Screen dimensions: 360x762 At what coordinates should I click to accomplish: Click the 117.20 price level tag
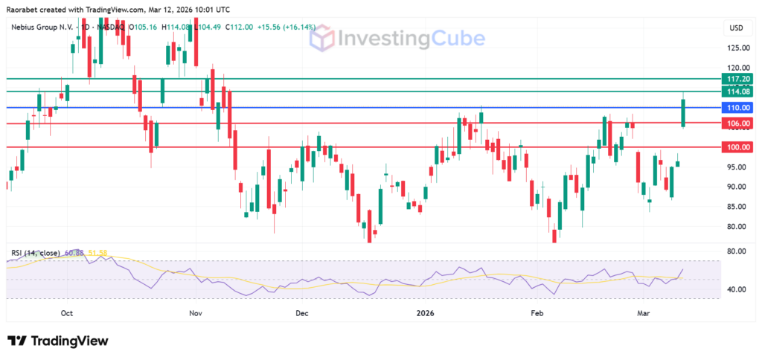pyautogui.click(x=739, y=79)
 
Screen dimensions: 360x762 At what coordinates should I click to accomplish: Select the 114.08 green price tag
pyautogui.click(x=739, y=91)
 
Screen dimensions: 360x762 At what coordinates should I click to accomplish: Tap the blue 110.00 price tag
pyautogui.click(x=739, y=108)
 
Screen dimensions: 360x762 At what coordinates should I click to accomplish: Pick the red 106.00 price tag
pyautogui.click(x=739, y=123)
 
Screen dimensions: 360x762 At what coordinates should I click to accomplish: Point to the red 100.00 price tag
pyautogui.click(x=739, y=147)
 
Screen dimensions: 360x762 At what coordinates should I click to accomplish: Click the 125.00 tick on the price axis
pyautogui.click(x=737, y=48)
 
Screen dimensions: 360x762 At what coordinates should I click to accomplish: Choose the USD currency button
pyautogui.click(x=737, y=28)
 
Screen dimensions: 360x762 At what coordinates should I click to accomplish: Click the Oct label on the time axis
pyautogui.click(x=68, y=314)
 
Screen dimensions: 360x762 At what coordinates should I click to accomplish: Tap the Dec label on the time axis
pyautogui.click(x=301, y=314)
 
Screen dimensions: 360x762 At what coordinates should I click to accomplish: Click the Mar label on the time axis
pyautogui.click(x=644, y=314)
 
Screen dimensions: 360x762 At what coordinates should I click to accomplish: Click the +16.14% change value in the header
pyautogui.click(x=301, y=28)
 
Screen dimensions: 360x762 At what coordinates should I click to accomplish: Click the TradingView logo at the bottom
pyautogui.click(x=59, y=341)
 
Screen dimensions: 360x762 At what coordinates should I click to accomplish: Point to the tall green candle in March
pyautogui.click(x=683, y=112)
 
